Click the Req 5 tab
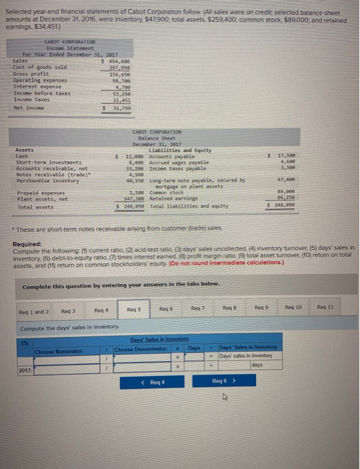[132, 310]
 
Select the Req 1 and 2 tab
[32, 311]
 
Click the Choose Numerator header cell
[54, 352]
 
